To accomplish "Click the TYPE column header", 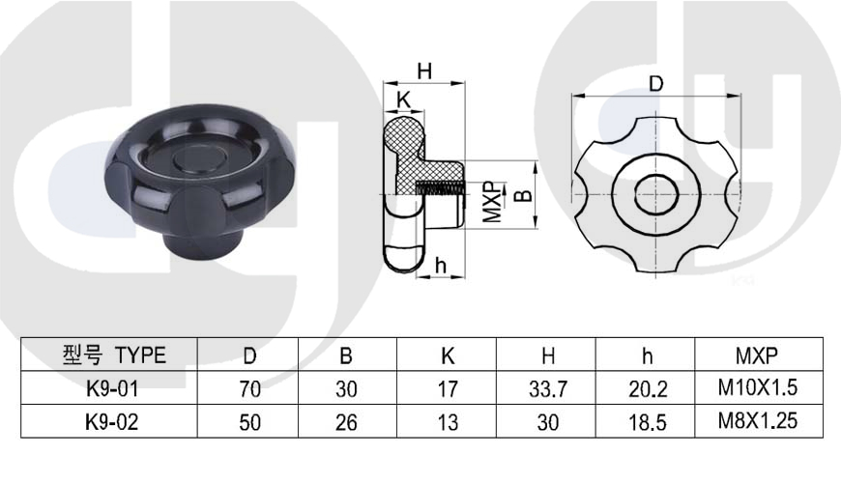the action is [114, 355].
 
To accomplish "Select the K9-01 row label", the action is [112, 388].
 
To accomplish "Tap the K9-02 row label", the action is [112, 422].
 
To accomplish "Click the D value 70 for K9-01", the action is [250, 388].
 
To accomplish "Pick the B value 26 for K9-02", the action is [346, 422].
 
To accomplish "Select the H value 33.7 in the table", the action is [548, 388].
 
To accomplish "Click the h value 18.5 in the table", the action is [648, 422].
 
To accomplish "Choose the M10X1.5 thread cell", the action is [758, 387].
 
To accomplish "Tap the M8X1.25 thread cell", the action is [758, 420].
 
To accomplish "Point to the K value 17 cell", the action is [448, 388].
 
